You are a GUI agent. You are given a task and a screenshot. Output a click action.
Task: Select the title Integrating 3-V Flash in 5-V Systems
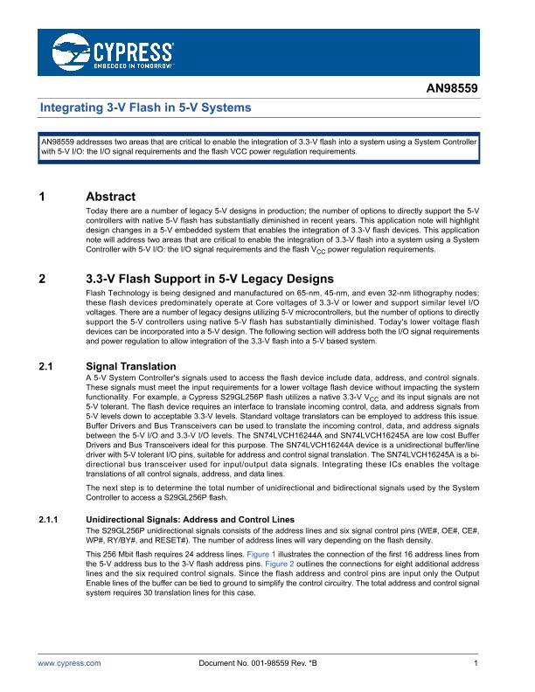pyautogui.click(x=146, y=107)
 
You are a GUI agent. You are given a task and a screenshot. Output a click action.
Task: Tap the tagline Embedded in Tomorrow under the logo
pyautogui.click(x=132, y=65)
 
